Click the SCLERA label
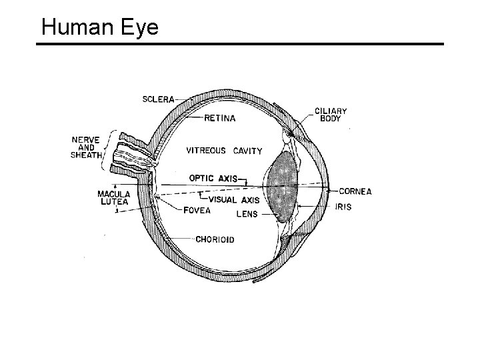(x=159, y=99)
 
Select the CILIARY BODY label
(x=331, y=115)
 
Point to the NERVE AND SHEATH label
(x=87, y=147)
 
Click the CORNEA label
(x=355, y=191)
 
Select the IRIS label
(x=343, y=207)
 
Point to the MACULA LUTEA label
(x=114, y=198)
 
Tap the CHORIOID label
(x=215, y=239)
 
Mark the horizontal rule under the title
(x=239, y=45)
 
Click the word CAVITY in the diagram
(x=247, y=151)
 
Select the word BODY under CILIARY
(x=331, y=119)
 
